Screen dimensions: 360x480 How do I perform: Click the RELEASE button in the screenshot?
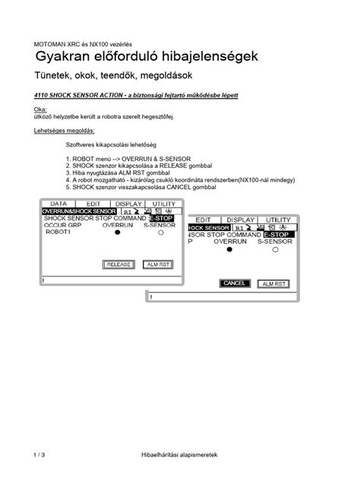coord(118,264)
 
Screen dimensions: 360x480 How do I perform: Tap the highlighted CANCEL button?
coord(235,283)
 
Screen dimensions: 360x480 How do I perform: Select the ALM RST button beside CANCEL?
coord(273,283)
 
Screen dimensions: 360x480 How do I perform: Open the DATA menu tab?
coord(59,204)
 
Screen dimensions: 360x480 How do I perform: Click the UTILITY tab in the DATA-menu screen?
coord(163,204)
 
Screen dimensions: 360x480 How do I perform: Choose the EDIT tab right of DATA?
coord(93,204)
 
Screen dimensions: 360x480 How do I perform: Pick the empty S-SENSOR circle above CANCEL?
coord(275,250)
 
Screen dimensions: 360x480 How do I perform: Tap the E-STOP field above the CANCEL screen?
coord(279,235)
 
